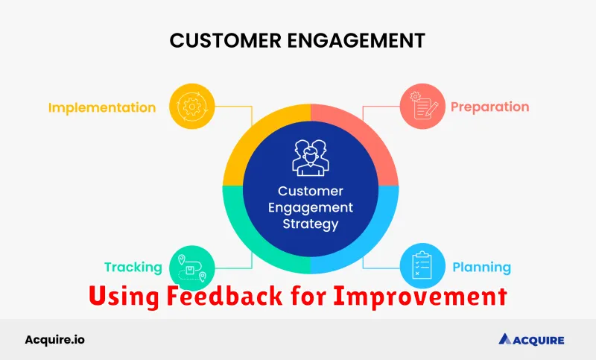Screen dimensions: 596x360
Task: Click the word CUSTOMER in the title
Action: click(226, 40)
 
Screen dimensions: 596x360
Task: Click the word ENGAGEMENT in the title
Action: click(356, 40)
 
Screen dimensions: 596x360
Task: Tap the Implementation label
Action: click(102, 107)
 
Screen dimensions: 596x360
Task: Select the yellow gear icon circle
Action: click(192, 107)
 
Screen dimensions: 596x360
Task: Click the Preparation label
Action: click(489, 107)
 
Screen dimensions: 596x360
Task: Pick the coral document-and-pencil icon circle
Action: click(422, 107)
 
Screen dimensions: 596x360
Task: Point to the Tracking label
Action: click(133, 268)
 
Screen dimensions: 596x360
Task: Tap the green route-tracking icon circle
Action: click(192, 268)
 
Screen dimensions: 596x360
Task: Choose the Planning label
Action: click(481, 268)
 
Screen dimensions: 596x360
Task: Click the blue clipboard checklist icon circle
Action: click(422, 266)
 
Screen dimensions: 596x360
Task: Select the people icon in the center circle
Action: click(311, 157)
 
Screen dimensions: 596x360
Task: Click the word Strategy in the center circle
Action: click(311, 224)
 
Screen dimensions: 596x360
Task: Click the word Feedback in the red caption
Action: click(225, 295)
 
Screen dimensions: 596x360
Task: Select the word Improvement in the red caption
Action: click(420, 296)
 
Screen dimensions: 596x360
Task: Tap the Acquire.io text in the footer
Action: click(54, 339)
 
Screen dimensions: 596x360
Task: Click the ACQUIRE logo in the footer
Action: click(531, 339)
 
